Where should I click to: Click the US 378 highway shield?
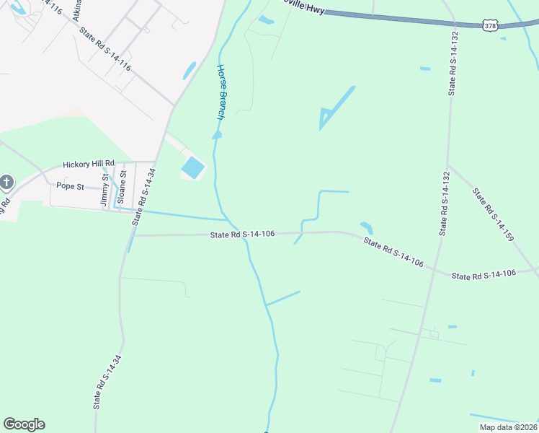[x=489, y=26]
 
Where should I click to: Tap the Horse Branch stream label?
[x=220, y=92]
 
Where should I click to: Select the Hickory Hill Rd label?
[x=93, y=165]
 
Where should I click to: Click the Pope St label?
[x=70, y=186]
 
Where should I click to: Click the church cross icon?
[x=6, y=182]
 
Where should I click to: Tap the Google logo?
[x=24, y=424]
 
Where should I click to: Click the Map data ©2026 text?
[x=507, y=427]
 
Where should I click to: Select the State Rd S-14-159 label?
[x=492, y=214]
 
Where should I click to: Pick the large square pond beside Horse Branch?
[x=192, y=169]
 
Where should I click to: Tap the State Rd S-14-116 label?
[x=105, y=50]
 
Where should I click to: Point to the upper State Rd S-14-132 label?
[x=453, y=64]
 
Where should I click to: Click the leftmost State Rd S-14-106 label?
[x=243, y=235]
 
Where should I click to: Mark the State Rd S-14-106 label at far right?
[x=484, y=275]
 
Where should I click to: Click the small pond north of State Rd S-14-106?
[x=367, y=227]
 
